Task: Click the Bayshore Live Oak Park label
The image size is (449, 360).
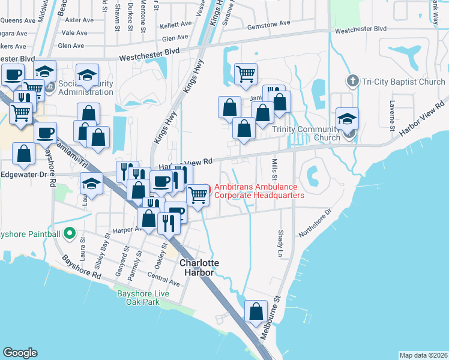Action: (143, 297)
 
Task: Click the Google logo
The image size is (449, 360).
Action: (20, 352)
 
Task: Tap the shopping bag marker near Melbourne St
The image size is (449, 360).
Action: (256, 313)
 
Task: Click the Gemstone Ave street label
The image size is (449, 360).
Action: (268, 23)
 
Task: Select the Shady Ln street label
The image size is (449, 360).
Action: (280, 244)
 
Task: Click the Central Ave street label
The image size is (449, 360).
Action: (163, 280)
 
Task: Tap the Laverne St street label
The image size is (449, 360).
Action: (391, 120)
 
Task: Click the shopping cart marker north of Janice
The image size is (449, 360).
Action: (246, 74)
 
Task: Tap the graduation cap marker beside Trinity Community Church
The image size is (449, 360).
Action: (348, 118)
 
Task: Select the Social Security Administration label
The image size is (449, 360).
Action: (86, 88)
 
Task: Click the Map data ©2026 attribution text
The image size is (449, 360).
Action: (424, 355)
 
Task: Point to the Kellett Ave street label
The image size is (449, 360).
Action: (176, 26)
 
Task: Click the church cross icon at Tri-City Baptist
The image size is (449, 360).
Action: (353, 81)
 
